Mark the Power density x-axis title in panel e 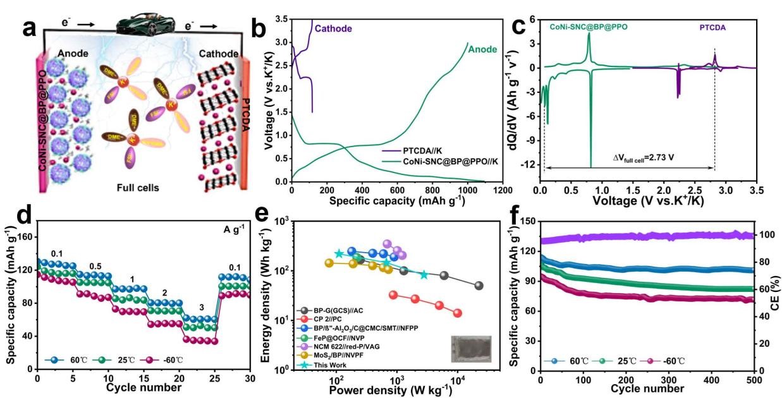pyautogui.click(x=390, y=390)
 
